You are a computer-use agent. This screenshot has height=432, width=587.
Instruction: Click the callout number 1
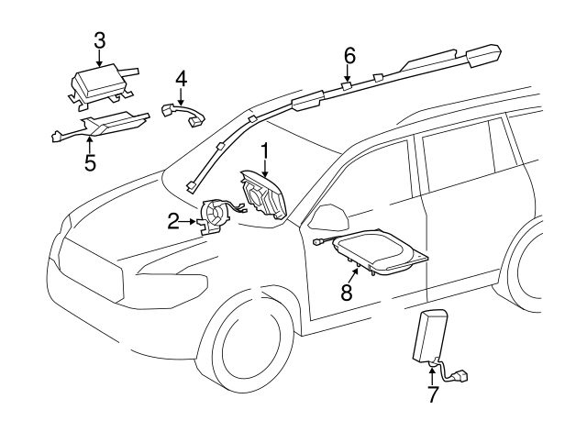click(x=265, y=150)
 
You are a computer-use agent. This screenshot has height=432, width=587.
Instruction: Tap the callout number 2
click(x=173, y=220)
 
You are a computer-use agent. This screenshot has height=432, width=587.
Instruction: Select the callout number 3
click(x=99, y=39)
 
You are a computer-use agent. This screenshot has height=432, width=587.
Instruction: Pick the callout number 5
click(x=90, y=162)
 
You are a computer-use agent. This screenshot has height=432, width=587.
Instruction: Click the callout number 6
click(x=349, y=55)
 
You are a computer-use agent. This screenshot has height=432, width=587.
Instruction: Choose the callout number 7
click(x=433, y=395)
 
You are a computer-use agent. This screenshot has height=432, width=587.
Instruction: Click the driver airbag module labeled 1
click(x=262, y=195)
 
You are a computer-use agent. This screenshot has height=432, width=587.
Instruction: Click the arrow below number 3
click(x=99, y=58)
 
